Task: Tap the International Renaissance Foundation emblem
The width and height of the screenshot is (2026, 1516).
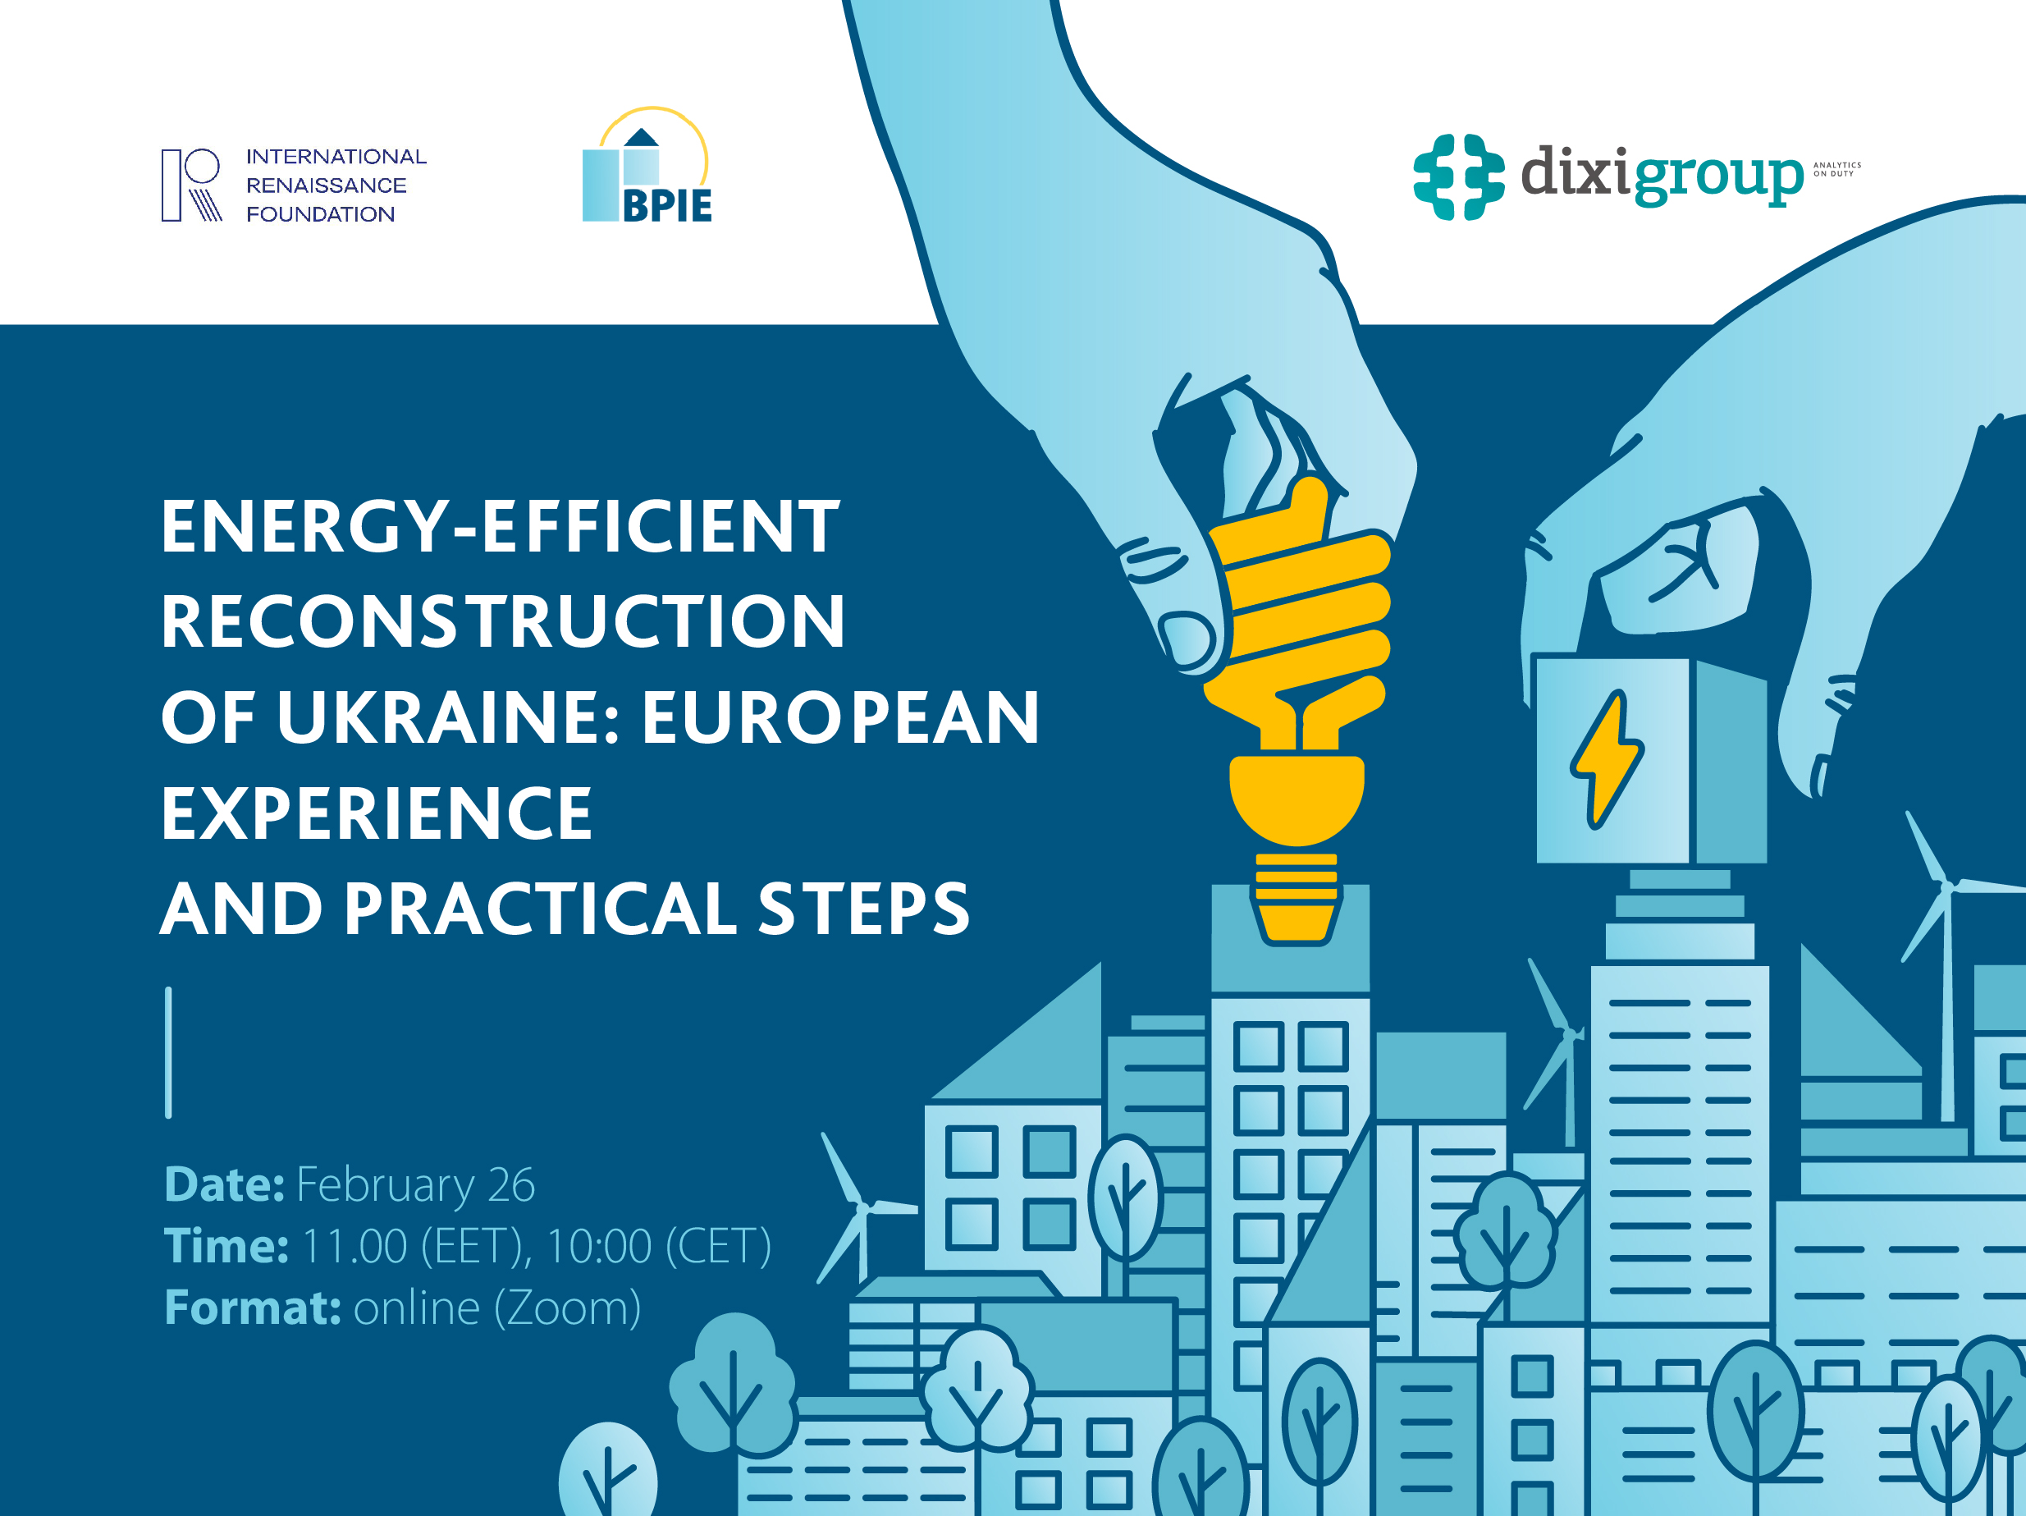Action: pos(191,185)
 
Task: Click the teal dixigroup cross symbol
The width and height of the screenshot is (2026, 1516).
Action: pos(1458,176)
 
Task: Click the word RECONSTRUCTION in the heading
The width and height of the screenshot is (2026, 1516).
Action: pos(503,621)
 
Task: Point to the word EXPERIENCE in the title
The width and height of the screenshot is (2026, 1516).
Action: pos(377,813)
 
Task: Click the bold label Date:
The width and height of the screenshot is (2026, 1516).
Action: pos(224,1184)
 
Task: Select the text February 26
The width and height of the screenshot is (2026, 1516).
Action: pos(415,1184)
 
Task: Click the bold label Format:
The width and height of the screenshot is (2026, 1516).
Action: pos(253,1308)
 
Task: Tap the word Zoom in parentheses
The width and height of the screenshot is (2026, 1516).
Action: pos(567,1308)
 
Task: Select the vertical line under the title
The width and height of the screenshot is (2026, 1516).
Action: pos(168,1052)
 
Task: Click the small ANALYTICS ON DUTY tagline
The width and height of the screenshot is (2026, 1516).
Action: pos(1836,169)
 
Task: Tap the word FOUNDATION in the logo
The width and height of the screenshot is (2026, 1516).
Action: pos(321,214)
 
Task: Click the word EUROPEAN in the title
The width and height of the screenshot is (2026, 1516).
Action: pos(840,717)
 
